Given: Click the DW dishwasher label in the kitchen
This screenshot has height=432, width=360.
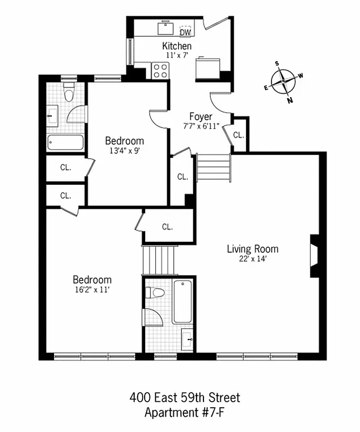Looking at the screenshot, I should (185, 31).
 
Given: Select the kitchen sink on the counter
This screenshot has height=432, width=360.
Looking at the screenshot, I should (164, 28).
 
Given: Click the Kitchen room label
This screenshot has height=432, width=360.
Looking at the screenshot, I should (176, 46).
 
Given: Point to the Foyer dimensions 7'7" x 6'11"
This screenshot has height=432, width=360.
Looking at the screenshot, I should (200, 126).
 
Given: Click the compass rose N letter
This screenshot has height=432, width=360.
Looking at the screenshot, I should (290, 100).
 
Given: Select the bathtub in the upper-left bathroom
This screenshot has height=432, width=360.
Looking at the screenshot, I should (65, 143).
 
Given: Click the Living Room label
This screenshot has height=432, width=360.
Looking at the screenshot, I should (252, 249).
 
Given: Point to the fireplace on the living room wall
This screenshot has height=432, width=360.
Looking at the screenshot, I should (314, 256).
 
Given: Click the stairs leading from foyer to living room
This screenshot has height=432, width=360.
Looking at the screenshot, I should (214, 169).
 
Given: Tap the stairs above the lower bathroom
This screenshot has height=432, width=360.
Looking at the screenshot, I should (159, 260).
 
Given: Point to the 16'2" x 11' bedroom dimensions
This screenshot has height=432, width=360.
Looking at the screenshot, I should (92, 289).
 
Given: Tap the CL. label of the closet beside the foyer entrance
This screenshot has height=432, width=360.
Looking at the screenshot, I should (238, 135).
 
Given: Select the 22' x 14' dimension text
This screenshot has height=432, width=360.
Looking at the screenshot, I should (252, 259).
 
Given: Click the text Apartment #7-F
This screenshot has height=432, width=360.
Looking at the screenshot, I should (185, 413).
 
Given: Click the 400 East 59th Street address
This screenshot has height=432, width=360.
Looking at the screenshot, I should (185, 399).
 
